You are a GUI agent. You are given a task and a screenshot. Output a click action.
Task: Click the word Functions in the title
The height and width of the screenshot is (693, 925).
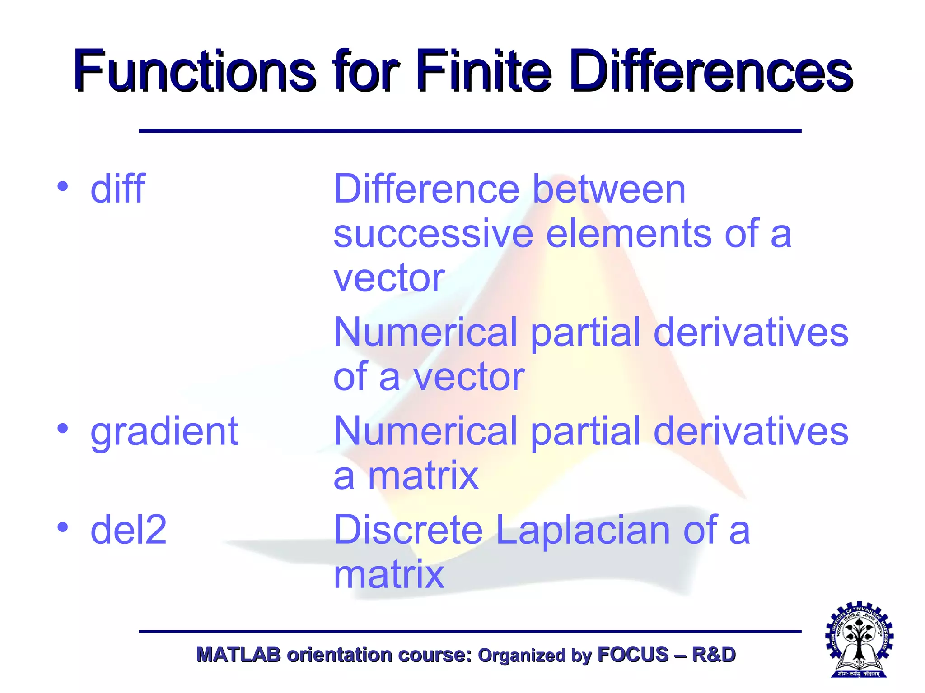click(x=194, y=71)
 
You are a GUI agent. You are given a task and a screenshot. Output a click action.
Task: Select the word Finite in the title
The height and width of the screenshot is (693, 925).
click(x=483, y=71)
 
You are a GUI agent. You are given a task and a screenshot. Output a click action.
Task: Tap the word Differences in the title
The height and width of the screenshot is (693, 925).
click(x=711, y=71)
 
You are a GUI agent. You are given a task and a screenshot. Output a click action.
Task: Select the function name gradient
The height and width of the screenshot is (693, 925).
click(x=164, y=432)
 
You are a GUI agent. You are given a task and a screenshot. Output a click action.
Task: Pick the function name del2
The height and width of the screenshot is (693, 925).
click(x=128, y=530)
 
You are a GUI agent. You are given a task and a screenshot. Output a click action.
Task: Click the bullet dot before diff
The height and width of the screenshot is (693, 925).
click(x=63, y=186)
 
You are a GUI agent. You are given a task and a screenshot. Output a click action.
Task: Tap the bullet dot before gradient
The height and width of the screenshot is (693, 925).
click(x=63, y=429)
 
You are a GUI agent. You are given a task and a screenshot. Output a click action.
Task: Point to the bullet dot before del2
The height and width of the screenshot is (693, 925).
click(x=63, y=527)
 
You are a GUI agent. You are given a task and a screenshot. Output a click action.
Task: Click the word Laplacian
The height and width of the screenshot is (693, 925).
click(x=583, y=530)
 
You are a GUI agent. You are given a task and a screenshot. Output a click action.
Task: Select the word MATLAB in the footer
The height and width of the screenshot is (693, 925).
click(x=238, y=655)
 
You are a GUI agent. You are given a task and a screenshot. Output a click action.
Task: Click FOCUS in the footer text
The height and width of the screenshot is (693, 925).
click(x=633, y=655)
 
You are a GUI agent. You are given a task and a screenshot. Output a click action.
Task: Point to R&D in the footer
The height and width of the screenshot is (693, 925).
click(x=713, y=655)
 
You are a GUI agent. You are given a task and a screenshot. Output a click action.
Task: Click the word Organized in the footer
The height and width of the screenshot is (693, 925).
click(x=521, y=656)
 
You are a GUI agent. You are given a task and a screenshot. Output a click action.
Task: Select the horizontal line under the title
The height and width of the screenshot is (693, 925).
click(x=470, y=131)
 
